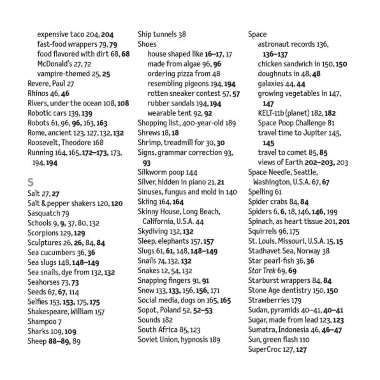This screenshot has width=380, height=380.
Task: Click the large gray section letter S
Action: (x=31, y=181)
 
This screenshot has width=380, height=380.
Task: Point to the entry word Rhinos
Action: (x=38, y=93)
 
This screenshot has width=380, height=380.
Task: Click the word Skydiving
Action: (x=152, y=231)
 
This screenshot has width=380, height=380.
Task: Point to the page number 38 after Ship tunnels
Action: (x=182, y=35)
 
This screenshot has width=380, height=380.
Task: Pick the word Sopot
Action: (x=147, y=310)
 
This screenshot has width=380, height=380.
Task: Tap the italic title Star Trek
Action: (x=261, y=271)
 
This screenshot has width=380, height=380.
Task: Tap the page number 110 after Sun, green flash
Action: (x=304, y=339)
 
